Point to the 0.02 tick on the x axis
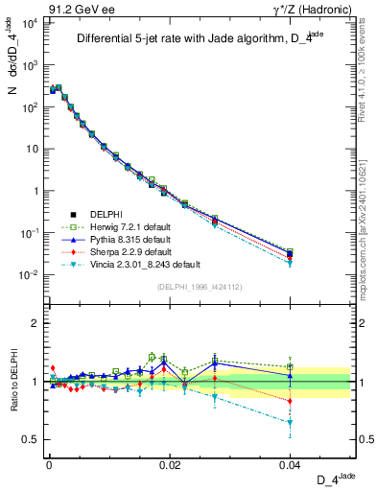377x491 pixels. click(x=169, y=462)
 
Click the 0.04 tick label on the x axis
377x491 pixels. click(x=289, y=462)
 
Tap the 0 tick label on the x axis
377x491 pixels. click(x=49, y=462)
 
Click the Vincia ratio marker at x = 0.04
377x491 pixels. click(x=290, y=422)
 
